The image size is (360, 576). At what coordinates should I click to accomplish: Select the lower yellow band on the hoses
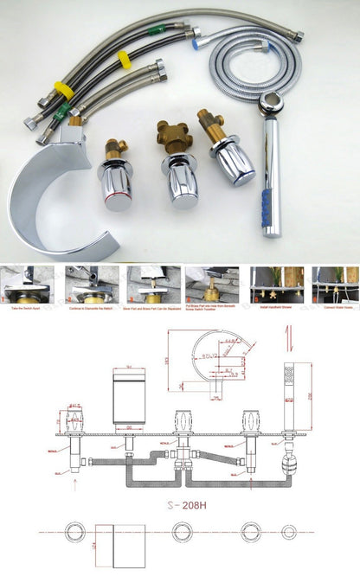pyautogui.click(x=63, y=89)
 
